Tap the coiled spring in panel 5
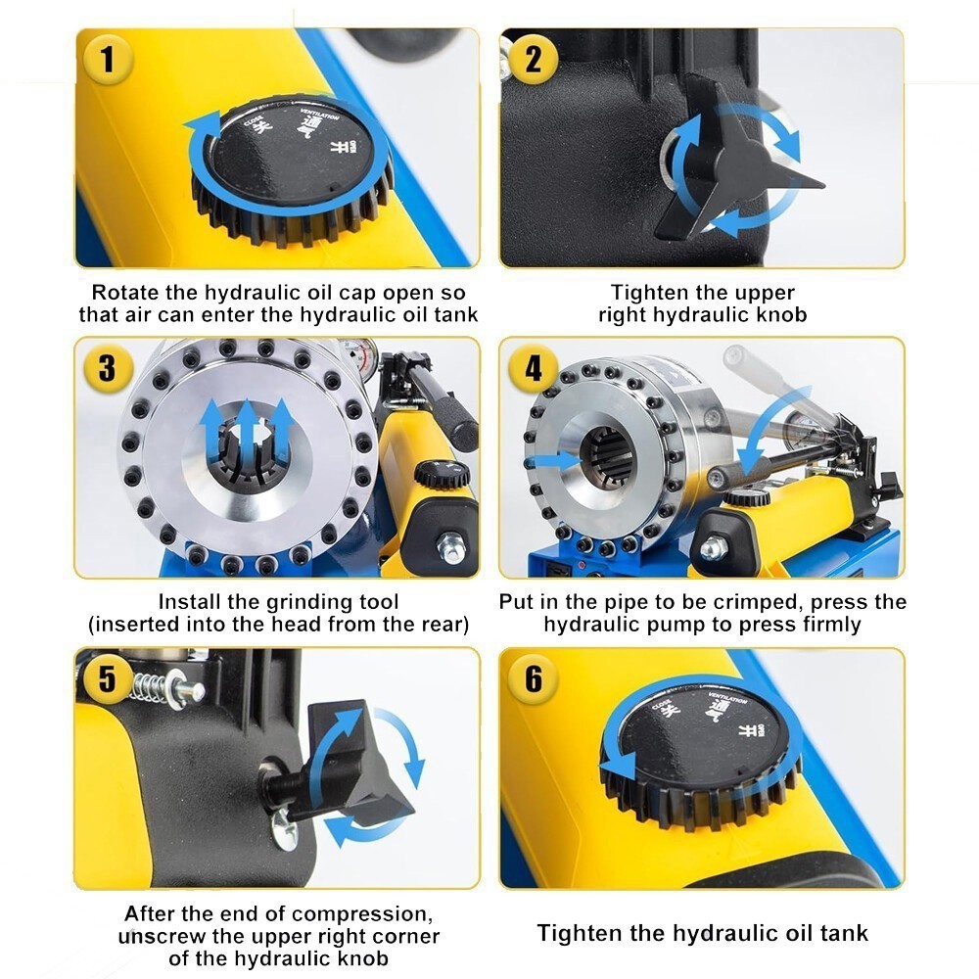152,686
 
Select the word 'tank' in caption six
840,932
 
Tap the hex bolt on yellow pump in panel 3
453,545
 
